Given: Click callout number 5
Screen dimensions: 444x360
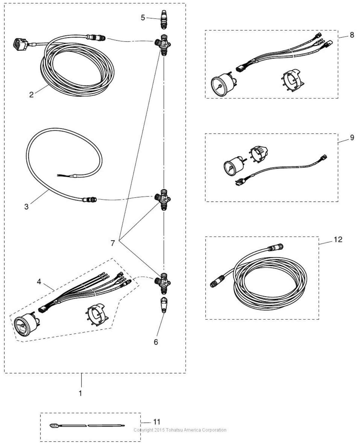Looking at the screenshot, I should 143,18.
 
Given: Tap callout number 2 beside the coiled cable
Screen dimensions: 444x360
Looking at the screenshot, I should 31,94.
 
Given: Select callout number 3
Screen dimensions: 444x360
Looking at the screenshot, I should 26,207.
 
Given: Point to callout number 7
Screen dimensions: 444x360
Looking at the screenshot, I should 113,243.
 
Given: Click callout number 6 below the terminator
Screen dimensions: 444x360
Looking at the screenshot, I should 156,342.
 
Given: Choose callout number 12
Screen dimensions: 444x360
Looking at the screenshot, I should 338,240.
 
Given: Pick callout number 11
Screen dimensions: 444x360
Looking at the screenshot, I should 157,422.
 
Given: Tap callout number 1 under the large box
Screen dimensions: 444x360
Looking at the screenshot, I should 80,393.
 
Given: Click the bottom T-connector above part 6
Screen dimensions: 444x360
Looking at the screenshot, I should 163,282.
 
